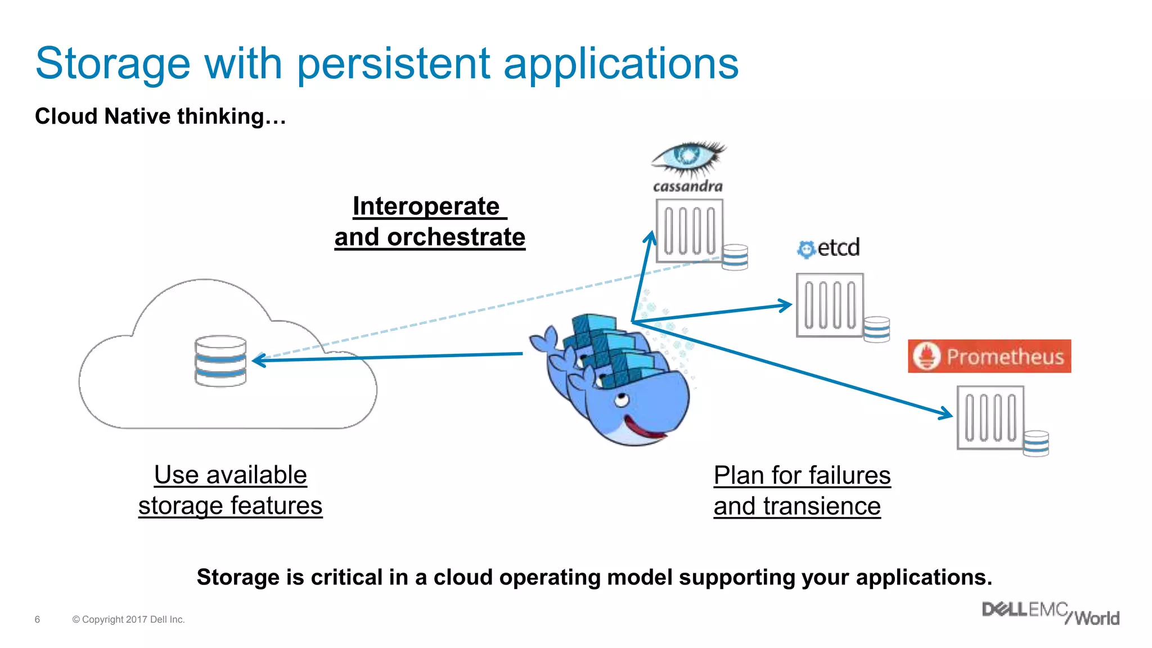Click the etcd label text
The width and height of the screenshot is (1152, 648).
tap(838, 247)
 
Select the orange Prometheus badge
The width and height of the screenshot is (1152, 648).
tap(989, 356)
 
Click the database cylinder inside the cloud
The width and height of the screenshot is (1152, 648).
tap(220, 361)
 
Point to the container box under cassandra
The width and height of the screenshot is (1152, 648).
tap(689, 231)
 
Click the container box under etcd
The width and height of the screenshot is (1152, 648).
tap(830, 305)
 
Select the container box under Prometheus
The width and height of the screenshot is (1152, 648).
tap(990, 417)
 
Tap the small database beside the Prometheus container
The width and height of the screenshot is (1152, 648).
tap(1036, 443)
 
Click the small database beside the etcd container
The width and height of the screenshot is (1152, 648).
tap(876, 329)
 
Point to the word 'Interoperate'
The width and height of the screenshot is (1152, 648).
tap(426, 206)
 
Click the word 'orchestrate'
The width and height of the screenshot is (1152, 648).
tap(456, 237)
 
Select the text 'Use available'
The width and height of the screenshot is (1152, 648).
tap(230, 475)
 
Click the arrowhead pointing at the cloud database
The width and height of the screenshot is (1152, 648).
tap(259, 360)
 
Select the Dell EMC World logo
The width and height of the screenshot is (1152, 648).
tap(1050, 613)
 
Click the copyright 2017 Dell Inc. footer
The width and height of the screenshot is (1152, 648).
tap(128, 619)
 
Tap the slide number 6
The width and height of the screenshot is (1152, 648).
tap(37, 619)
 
